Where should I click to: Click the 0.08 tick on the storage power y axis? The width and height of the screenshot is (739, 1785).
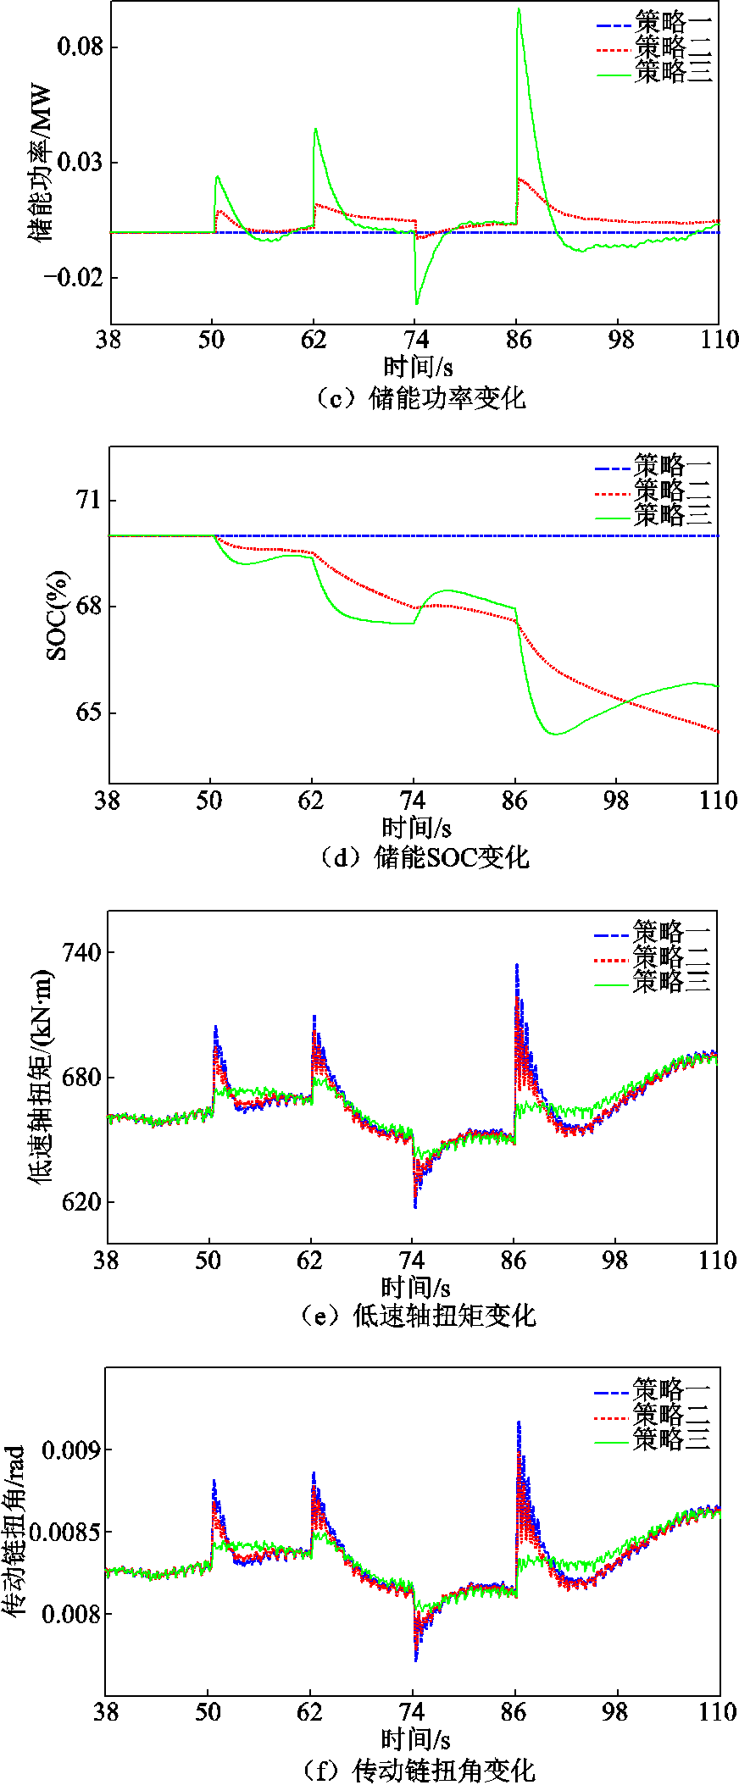pyautogui.click(x=80, y=46)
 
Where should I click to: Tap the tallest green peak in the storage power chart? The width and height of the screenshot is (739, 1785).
pyautogui.click(x=518, y=9)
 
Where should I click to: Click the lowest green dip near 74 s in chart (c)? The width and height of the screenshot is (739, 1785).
pyautogui.click(x=416, y=303)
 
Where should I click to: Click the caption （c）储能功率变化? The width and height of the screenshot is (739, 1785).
pyautogui.click(x=420, y=397)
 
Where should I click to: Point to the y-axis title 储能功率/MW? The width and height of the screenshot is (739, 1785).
pyautogui.click(x=41, y=162)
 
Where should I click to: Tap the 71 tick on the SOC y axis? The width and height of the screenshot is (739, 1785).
pyautogui.click(x=87, y=500)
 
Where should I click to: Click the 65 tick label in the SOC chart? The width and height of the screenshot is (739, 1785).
pyautogui.click(x=87, y=712)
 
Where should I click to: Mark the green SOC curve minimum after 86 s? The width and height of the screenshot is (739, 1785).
pyautogui.click(x=556, y=734)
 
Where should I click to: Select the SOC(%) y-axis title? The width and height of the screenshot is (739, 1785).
pyautogui.click(x=57, y=615)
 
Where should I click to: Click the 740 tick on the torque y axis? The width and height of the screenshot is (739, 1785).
pyautogui.click(x=81, y=952)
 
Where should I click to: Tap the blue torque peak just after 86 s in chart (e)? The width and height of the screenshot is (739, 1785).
pyautogui.click(x=516, y=965)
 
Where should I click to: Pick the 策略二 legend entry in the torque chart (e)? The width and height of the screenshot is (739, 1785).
pyautogui.click(x=671, y=957)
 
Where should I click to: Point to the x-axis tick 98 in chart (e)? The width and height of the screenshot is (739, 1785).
pyautogui.click(x=615, y=1261)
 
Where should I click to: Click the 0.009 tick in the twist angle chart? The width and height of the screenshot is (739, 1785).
pyautogui.click(x=71, y=1450)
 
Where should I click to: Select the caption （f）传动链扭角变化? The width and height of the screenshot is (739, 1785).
pyautogui.click(x=420, y=1771)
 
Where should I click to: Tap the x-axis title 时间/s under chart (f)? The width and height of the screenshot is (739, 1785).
pyautogui.click(x=415, y=1740)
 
